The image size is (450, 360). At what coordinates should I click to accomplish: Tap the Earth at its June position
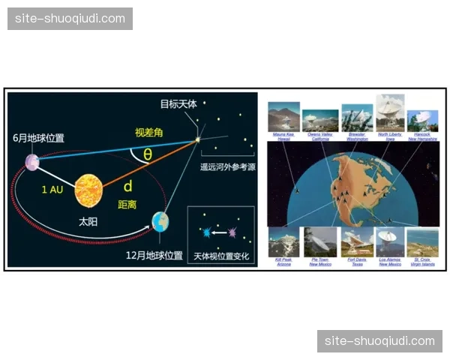tap(31, 161)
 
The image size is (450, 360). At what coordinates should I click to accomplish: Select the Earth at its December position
tap(160, 221)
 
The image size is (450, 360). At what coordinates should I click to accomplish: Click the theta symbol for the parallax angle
tap(148, 154)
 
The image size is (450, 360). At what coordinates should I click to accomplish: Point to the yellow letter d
tap(128, 185)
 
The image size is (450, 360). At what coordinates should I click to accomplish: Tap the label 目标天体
tap(178, 104)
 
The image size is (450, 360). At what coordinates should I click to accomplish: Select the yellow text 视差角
tap(148, 132)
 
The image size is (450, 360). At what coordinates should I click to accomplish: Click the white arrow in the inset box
tap(220, 233)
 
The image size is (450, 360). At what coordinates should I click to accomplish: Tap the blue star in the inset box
tap(205, 233)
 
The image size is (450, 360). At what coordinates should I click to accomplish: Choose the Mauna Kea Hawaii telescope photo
tap(283, 116)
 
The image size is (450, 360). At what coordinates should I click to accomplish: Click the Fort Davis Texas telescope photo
tap(357, 242)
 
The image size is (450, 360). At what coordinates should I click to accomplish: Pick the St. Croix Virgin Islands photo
tap(422, 242)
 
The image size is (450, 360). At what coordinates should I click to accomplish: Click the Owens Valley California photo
tap(320, 119)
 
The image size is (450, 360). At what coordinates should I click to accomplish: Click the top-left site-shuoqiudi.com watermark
tap(71, 18)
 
